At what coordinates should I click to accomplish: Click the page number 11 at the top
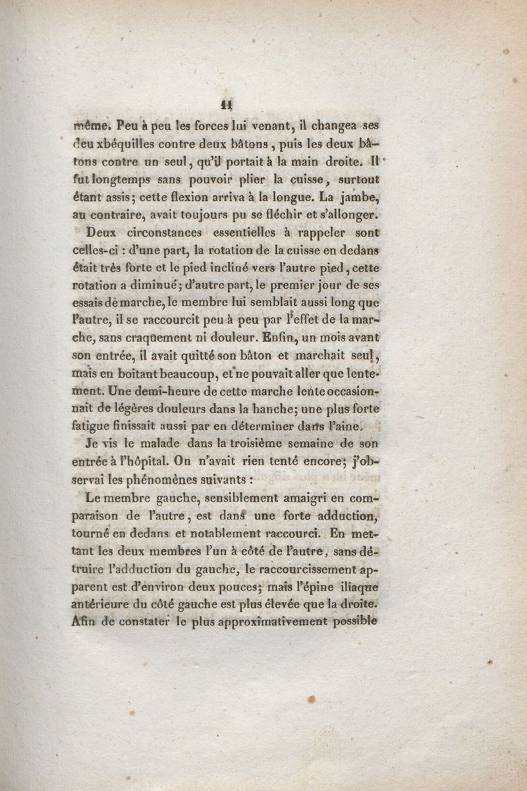coord(229,102)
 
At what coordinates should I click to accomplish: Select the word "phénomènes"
coord(154,480)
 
